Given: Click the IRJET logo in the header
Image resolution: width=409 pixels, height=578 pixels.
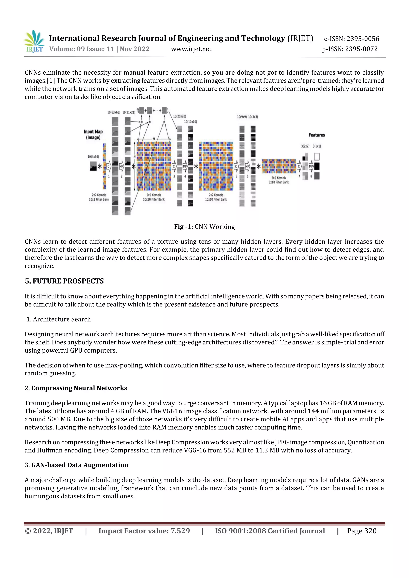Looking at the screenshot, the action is [34, 41].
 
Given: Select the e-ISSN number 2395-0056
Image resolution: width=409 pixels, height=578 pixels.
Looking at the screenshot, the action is [363, 39].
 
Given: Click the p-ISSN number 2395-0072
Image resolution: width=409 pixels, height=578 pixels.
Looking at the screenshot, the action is [361, 49].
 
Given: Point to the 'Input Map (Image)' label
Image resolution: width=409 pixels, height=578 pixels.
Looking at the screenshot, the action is [93, 134].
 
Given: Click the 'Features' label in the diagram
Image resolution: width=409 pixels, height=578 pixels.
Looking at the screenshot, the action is [317, 135].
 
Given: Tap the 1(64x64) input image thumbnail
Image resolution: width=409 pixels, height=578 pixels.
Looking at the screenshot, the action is [93, 166].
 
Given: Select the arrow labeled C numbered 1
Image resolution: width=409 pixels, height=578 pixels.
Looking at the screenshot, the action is [109, 166].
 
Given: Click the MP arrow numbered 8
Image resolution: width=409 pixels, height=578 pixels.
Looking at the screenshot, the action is [311, 166].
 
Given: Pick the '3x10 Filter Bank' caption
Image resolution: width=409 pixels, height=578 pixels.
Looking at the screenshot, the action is [279, 182].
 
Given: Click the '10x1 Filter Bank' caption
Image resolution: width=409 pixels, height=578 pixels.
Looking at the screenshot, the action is [99, 199].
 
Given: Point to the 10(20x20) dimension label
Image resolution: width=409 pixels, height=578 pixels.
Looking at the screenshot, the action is [179, 116].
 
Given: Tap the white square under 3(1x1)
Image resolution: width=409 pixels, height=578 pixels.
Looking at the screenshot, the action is [317, 157].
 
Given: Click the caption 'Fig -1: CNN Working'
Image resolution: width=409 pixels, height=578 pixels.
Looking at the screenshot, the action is [204, 227].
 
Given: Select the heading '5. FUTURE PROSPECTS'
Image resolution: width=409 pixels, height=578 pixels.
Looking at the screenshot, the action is [64, 281].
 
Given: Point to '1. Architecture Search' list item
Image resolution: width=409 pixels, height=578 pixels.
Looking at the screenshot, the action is [59, 319].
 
